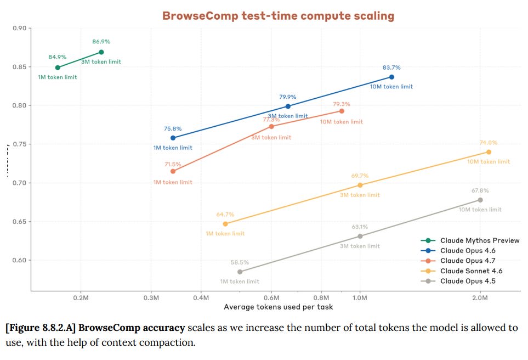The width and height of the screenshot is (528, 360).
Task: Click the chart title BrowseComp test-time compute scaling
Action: click(278, 16)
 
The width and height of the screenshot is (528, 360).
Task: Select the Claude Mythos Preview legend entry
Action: click(479, 240)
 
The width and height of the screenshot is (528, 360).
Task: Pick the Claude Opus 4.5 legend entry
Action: click(471, 281)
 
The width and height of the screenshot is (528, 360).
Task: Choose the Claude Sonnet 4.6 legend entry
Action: click(471, 271)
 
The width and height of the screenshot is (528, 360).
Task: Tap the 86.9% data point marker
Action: click(101, 52)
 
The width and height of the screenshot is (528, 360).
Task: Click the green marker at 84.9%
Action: click(58, 67)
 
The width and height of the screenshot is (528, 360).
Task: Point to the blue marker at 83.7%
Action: click(391, 77)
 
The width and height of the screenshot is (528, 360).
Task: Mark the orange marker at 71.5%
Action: click(173, 171)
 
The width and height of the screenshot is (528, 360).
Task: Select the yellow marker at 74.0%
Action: click(489, 152)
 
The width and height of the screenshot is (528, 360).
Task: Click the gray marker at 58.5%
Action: click(240, 272)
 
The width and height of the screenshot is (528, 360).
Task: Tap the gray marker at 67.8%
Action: click(480, 200)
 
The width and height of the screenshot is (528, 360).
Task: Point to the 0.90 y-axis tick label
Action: click(19, 28)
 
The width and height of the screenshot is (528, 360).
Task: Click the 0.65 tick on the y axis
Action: click(19, 222)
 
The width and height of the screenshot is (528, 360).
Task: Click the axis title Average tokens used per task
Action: click(278, 307)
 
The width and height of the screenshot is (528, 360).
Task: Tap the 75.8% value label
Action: click(173, 129)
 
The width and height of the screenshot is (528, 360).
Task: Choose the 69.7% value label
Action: click(360, 176)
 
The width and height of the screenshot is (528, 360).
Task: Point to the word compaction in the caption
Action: click(169, 342)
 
